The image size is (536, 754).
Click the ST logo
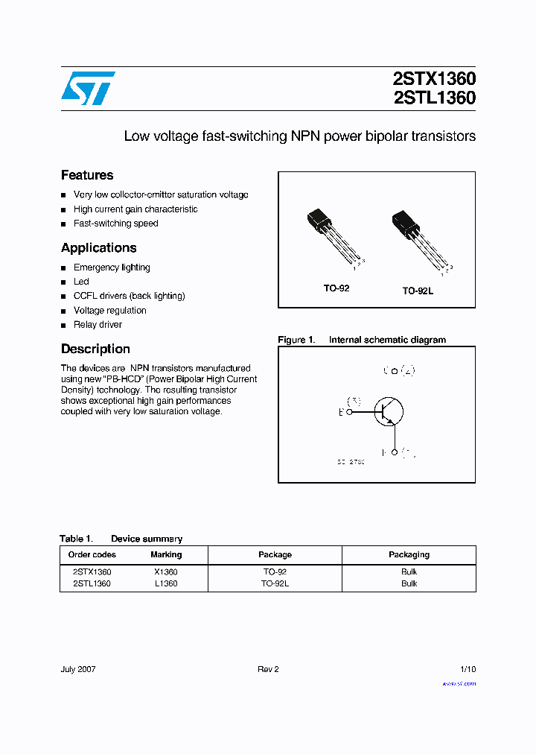(x=88, y=88)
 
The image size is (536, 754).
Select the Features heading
(x=87, y=175)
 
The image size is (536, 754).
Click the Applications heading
(x=98, y=248)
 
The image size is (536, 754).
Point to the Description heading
(x=95, y=349)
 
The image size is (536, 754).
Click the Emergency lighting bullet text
(x=112, y=267)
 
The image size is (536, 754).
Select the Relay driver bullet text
(x=98, y=325)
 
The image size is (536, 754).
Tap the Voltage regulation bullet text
(x=110, y=311)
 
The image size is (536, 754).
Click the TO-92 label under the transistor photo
(x=336, y=288)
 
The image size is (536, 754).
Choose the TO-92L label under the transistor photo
(x=418, y=291)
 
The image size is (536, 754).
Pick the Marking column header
(x=166, y=554)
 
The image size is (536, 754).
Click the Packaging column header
(x=409, y=554)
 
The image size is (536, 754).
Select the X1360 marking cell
(x=166, y=572)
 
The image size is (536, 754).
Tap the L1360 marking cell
(x=166, y=584)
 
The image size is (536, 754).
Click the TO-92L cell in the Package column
(x=275, y=584)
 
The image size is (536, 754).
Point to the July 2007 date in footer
(x=78, y=669)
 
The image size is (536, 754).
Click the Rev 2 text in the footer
(x=268, y=669)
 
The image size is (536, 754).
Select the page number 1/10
(x=468, y=669)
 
